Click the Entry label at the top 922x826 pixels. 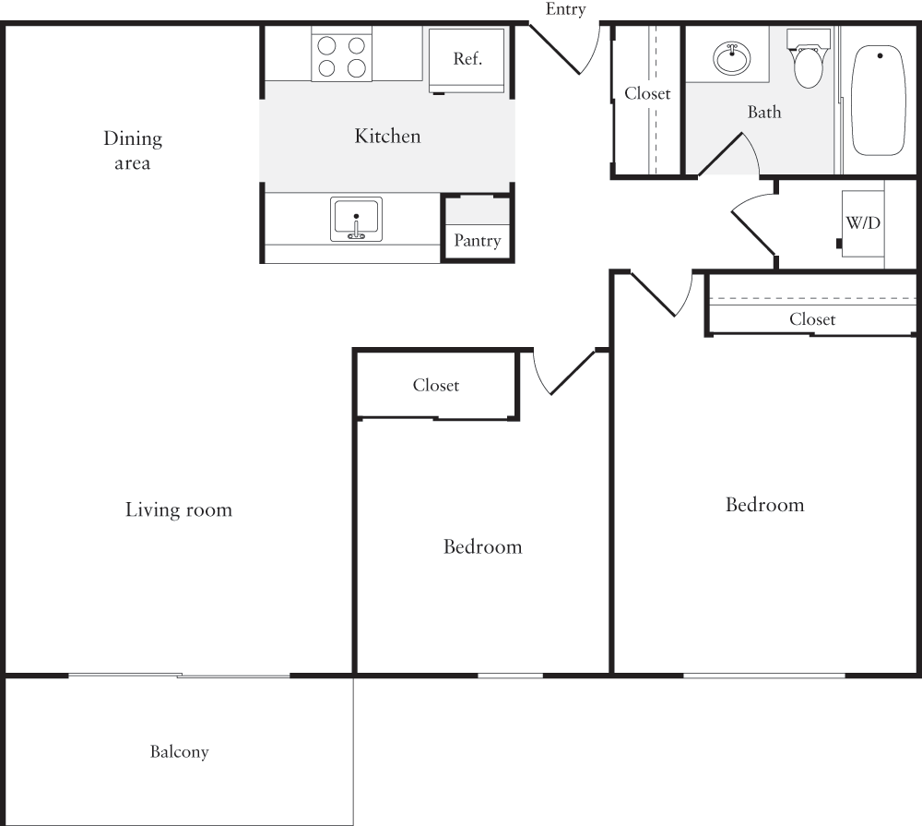coord(565,10)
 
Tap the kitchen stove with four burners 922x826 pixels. coord(341,55)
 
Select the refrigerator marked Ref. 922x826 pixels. coord(467,59)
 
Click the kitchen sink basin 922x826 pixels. coord(356,220)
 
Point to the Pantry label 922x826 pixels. coord(477,241)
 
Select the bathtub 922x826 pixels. coord(881,101)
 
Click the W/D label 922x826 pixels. coord(862,223)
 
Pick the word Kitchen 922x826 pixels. coord(387,137)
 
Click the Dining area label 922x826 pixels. coord(132,150)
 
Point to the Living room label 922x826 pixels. coord(179,509)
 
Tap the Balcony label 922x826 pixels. coord(180,752)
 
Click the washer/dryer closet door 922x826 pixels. coord(754,228)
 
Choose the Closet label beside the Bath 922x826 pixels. coord(647,93)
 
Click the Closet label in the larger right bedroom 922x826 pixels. coord(812,319)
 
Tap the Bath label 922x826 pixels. coord(763,113)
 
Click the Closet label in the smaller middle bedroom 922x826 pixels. coord(435,386)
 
